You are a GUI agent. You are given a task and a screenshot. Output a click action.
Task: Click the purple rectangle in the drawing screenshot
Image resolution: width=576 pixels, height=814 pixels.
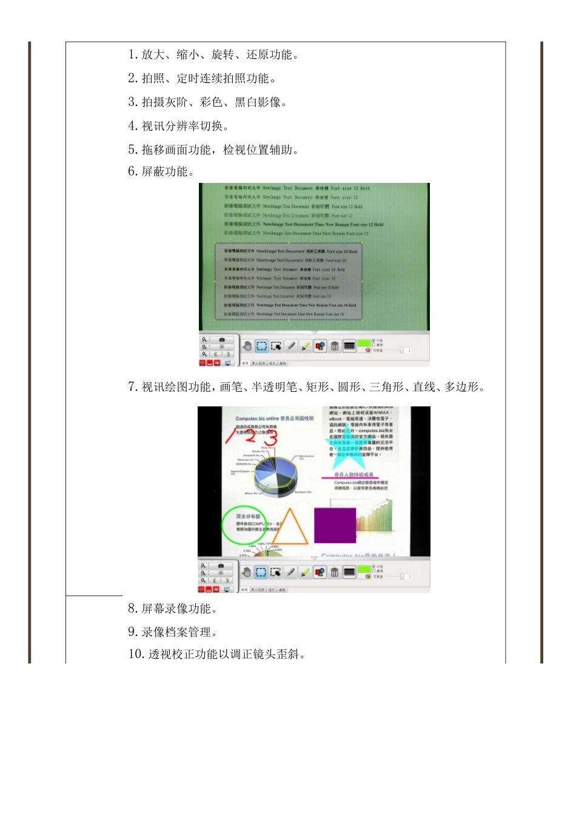click(335, 525)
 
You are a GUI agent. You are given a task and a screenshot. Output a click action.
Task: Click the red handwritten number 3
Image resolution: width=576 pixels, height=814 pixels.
click(270, 438)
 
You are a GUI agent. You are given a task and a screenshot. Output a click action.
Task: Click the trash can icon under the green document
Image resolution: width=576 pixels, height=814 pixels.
click(335, 346)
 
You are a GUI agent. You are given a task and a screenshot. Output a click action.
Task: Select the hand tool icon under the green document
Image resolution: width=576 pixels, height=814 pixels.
click(247, 346)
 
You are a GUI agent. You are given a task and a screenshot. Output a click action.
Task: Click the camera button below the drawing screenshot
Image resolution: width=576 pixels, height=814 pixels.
click(221, 566)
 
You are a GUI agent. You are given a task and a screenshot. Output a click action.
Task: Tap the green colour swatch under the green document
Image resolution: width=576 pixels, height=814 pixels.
click(364, 343)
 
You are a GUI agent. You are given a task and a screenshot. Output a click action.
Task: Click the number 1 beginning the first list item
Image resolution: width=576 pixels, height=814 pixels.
click(132, 55)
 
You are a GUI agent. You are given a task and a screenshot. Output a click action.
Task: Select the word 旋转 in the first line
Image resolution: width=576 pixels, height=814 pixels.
click(223, 55)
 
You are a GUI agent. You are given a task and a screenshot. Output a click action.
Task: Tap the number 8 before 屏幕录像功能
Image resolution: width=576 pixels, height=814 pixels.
click(132, 609)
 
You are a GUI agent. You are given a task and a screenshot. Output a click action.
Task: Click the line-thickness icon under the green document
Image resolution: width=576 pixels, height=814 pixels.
click(349, 346)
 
